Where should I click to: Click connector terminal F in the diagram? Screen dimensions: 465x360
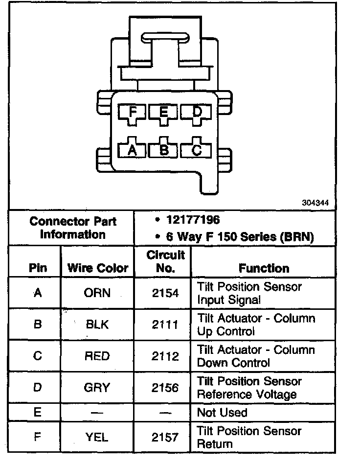[x=132, y=113]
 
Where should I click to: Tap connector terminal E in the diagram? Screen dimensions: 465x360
[x=164, y=113]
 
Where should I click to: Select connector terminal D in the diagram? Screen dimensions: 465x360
[x=197, y=113]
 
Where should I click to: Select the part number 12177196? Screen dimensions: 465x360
[x=193, y=220]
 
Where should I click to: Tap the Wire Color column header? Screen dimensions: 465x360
[x=97, y=268]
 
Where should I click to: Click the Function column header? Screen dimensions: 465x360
[x=264, y=268]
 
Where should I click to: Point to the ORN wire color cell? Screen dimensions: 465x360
[x=97, y=293]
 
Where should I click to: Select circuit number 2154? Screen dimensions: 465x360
[x=165, y=293]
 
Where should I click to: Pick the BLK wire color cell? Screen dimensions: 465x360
[x=97, y=324]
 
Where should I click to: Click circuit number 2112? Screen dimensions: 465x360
[x=165, y=356]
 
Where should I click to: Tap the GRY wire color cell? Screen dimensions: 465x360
[x=97, y=388]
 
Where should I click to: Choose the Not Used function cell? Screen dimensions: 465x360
[x=222, y=413]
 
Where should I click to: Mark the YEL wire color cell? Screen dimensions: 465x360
[x=97, y=437]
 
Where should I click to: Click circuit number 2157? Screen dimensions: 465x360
[x=165, y=437]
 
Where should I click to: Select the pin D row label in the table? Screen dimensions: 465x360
[x=38, y=388]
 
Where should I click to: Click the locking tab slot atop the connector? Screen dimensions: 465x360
[x=164, y=38]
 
